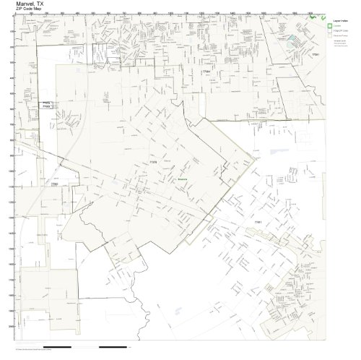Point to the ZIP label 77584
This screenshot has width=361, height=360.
point(206,72)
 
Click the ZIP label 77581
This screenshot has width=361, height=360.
point(316,53)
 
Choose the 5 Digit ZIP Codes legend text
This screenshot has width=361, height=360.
point(342,33)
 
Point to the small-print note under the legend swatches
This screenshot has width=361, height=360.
point(339,45)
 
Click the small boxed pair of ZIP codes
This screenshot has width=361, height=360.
point(46,106)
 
